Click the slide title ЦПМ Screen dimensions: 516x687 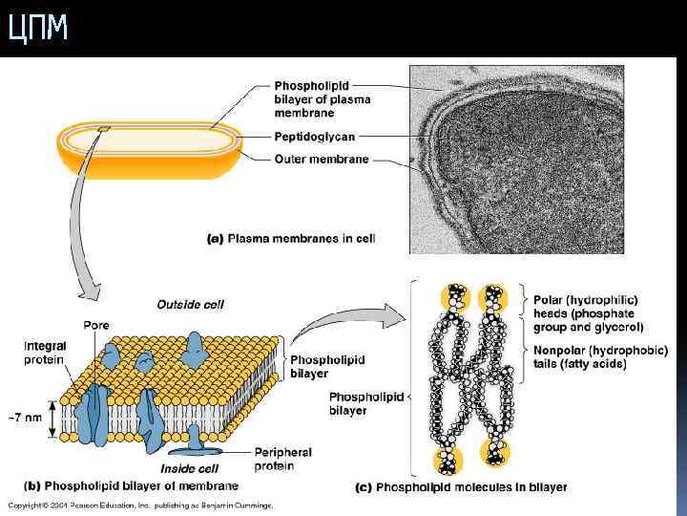pos(38,29)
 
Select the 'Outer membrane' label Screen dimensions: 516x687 pos(321,160)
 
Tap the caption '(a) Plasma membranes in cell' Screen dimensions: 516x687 pos(292,239)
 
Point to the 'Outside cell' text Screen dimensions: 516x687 pos(190,305)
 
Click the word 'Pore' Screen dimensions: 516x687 pos(96,325)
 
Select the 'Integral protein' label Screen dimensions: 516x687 pos(45,353)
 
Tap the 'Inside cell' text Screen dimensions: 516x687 pos(191,468)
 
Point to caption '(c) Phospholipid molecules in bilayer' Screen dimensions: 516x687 pos(461,487)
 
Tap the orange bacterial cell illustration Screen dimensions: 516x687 pos(153,148)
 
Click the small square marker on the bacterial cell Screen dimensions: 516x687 pos(103,129)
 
